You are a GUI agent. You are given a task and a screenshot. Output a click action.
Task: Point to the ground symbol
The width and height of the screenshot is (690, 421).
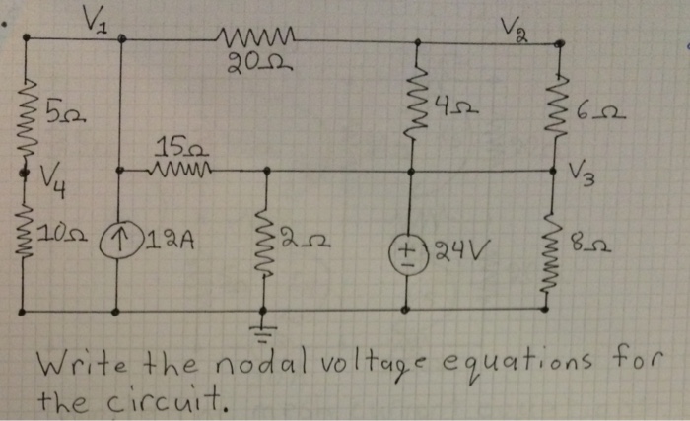265,326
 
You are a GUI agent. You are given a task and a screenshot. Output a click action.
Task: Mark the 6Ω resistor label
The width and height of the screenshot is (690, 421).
605,116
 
